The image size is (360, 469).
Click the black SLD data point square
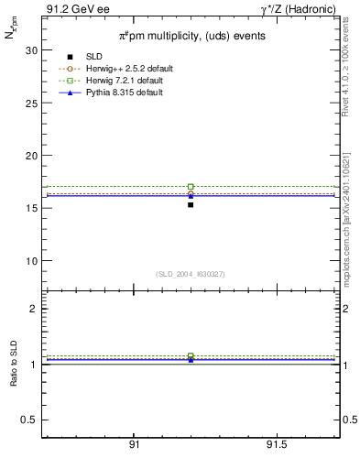coord(191,204)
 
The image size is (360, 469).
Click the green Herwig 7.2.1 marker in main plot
coord(191,187)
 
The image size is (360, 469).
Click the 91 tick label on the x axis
coord(134,445)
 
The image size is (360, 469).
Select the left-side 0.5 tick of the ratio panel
coord(29,420)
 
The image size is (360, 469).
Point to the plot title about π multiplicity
coord(191,36)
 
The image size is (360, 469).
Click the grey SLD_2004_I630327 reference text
coord(191,274)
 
